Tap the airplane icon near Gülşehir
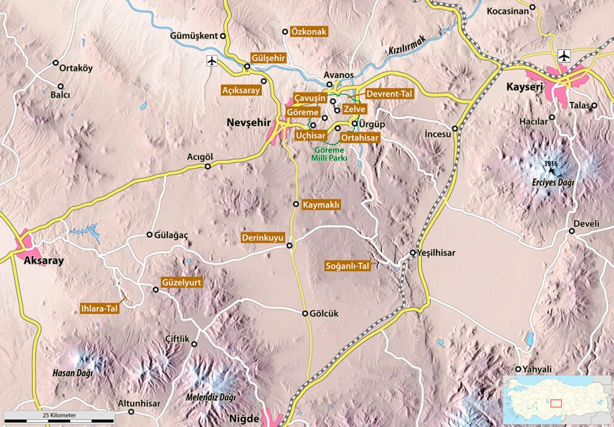[x=211, y=61]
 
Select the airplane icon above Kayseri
[x=563, y=56]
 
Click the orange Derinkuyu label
[x=262, y=237]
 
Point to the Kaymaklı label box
[x=321, y=205]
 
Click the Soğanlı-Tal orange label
[x=347, y=265]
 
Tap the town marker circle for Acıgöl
[x=208, y=167]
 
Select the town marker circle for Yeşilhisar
[x=413, y=252]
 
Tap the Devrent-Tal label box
[x=388, y=94]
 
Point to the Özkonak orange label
[x=307, y=31]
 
